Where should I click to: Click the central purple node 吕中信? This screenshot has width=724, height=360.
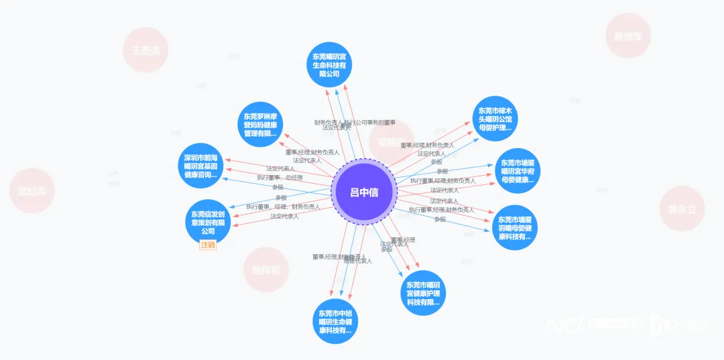tap(364, 192)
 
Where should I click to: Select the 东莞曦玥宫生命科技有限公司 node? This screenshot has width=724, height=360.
tap(330, 64)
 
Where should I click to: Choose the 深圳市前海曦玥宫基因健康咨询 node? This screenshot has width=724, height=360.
tap(201, 166)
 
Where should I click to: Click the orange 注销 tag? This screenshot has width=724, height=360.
tap(208, 245)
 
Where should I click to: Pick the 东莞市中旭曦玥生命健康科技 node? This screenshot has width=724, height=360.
tap(335, 322)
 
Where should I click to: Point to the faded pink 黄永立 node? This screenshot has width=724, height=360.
tap(682, 209)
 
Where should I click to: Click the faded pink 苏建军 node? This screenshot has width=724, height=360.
tap(627, 37)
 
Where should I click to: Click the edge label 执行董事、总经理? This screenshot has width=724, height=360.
tap(280, 178)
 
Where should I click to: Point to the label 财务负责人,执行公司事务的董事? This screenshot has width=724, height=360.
tap(355, 123)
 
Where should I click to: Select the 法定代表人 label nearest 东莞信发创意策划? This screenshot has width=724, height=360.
tap(284, 217)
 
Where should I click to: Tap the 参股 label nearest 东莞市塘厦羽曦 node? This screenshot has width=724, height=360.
tap(440, 219)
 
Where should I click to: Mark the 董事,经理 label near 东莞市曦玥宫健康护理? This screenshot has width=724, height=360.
tap(403, 240)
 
